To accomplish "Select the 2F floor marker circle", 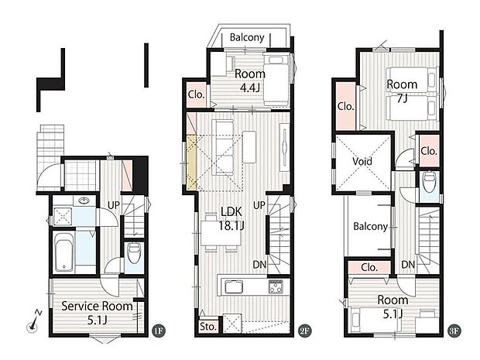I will click(x=304, y=329).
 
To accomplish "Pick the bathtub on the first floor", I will click(x=64, y=254).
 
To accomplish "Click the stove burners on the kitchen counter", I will click(x=276, y=288).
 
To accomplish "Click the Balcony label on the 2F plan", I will click(x=247, y=36).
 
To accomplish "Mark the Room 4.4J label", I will click(x=251, y=81).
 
